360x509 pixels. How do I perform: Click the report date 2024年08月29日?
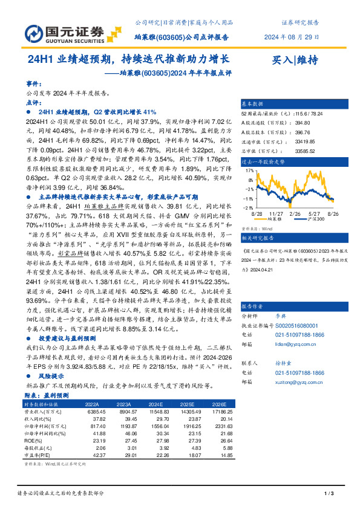point(292,37)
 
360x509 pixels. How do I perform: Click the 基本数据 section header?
point(254,104)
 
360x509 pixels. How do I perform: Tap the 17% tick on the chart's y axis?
point(249,172)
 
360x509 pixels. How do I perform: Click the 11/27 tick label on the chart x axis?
point(276,213)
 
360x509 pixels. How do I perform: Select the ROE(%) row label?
point(34,441)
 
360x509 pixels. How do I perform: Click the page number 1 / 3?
point(329,494)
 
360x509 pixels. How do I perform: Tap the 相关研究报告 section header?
point(256,239)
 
